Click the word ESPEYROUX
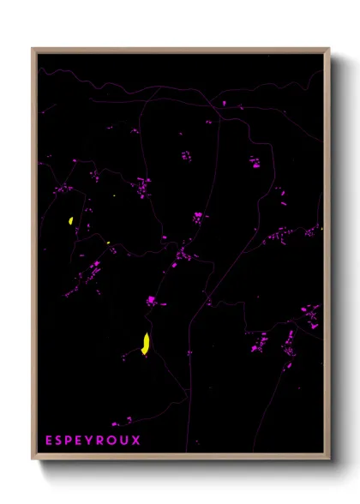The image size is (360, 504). point(93,441)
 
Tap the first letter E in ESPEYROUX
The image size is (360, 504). point(50,441)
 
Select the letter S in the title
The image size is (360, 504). point(60,441)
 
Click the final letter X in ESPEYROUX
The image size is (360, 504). point(137,441)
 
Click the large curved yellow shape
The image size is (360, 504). point(146,343)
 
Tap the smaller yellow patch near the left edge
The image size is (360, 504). point(69,221)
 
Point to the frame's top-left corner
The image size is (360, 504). point(33,50)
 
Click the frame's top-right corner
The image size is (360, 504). point(328,50)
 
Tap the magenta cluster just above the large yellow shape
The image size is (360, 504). point(152,301)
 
